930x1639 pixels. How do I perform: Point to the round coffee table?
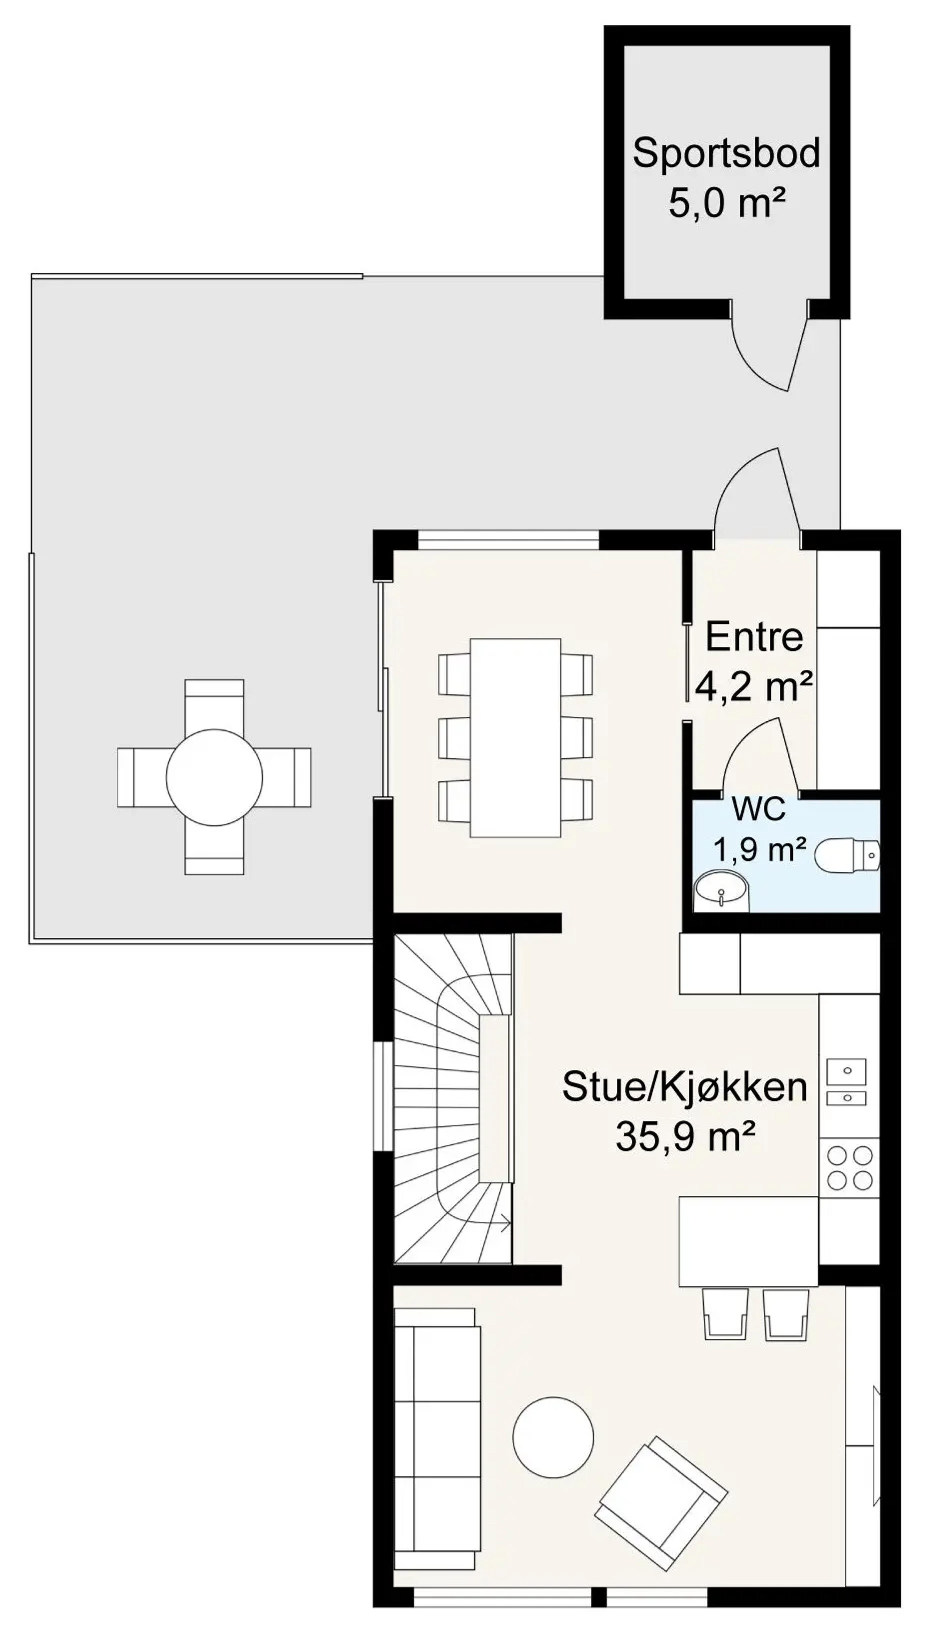[553, 1437]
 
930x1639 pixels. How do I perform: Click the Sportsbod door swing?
[770, 351]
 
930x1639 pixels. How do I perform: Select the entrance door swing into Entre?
[757, 492]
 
